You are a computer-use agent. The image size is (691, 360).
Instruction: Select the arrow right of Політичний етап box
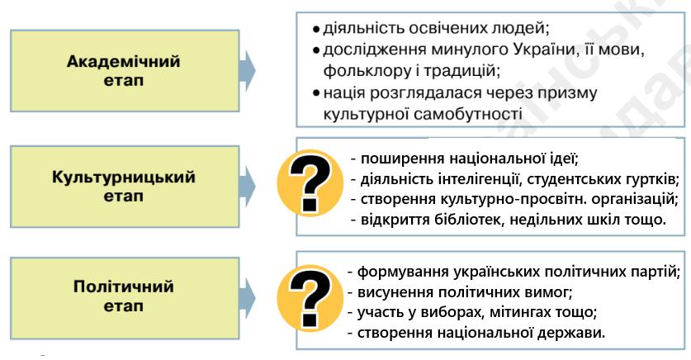coord(248,296)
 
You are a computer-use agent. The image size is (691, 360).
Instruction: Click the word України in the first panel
coord(557,50)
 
